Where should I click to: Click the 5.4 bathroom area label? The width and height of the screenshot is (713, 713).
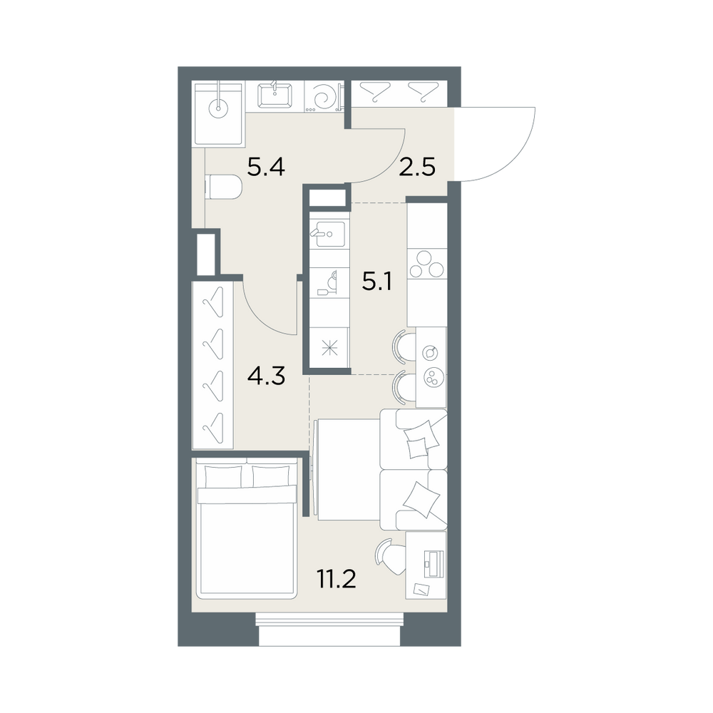point(266,168)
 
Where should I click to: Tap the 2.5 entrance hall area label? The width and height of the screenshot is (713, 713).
point(417,168)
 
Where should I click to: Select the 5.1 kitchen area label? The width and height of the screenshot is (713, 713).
point(377,282)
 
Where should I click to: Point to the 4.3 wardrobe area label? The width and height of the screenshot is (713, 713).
point(266,376)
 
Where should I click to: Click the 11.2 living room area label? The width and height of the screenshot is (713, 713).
point(337,579)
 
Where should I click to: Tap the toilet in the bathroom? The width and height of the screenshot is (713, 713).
point(224,188)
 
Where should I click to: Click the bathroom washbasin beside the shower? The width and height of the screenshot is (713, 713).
point(275,96)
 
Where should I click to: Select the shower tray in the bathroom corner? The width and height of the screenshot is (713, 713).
point(218,113)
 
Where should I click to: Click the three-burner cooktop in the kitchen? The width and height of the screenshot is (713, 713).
point(427,265)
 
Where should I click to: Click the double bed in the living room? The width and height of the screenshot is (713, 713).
point(246,528)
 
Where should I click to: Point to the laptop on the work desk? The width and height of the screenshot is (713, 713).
point(433,560)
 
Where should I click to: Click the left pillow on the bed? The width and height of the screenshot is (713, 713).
point(223,476)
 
